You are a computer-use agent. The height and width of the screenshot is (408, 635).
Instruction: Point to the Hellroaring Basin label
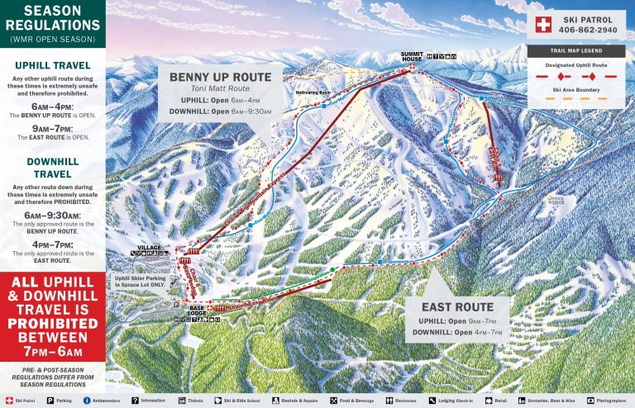click(x=312, y=93)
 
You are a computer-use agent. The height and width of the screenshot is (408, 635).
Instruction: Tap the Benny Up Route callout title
click(x=220, y=78)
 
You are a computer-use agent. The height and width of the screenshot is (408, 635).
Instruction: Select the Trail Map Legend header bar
click(x=571, y=50)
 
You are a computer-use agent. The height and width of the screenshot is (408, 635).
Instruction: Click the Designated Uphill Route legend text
click(x=571, y=63)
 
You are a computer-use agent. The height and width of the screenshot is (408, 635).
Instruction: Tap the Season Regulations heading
click(x=52, y=18)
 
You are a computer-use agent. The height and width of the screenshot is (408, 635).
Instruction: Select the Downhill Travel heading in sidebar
click(x=52, y=168)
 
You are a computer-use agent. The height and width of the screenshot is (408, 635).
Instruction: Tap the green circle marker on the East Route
click(x=332, y=269)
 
